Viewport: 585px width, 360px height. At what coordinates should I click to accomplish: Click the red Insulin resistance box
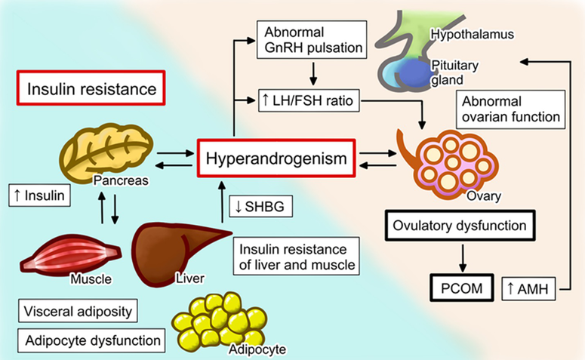[91, 90]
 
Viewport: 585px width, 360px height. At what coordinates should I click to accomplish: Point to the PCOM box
[460, 288]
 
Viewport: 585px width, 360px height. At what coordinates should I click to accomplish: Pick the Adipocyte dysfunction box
[90, 340]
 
